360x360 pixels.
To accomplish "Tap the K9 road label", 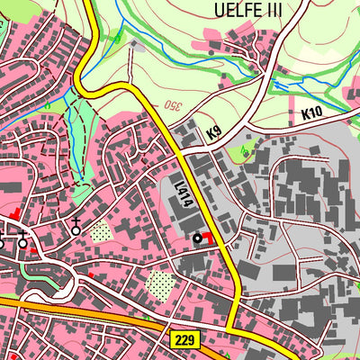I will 213,133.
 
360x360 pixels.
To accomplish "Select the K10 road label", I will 310,113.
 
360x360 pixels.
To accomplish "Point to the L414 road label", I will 184,196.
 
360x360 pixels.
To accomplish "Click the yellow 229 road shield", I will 183,339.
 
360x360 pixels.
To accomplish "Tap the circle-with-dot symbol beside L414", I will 197,238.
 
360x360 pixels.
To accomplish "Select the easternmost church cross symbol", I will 76,228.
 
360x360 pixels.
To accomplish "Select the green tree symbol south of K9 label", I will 244,153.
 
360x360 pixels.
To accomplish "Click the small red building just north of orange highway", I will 90,274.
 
